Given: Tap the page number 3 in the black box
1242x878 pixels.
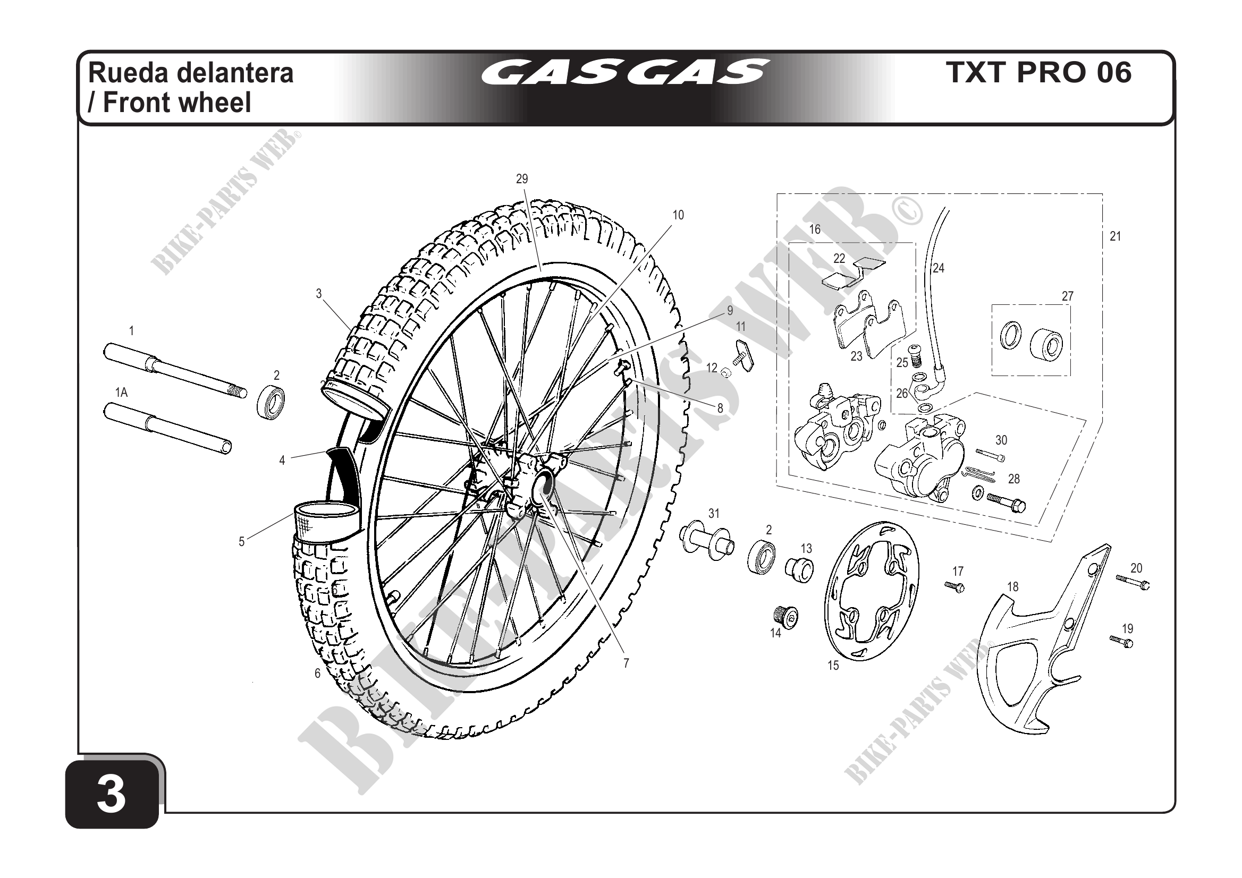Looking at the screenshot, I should [x=112, y=795].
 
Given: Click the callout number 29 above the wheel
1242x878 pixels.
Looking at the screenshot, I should [x=521, y=179].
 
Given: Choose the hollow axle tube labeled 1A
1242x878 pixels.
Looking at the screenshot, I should [x=168, y=430].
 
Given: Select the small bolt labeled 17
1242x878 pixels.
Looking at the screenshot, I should [x=955, y=586].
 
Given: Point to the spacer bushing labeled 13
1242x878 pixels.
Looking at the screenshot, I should [x=799, y=569].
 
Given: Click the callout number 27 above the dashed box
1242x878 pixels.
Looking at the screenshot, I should [x=1067, y=296].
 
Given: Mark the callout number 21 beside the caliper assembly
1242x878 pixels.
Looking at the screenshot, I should [x=1116, y=236].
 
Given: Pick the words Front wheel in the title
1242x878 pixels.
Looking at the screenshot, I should [x=177, y=102].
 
